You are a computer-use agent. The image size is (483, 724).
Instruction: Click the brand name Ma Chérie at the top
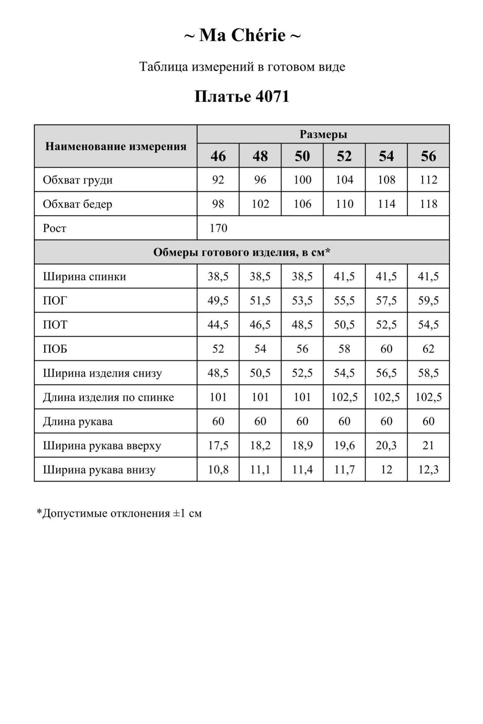242,35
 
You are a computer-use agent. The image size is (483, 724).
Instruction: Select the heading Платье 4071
242,96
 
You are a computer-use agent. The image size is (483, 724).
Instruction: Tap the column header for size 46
218,156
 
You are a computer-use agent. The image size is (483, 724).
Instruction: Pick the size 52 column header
344,156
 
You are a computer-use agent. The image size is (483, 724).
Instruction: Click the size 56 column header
428,156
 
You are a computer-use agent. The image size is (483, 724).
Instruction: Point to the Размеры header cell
323,134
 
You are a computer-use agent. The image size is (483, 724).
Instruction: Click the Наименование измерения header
116,146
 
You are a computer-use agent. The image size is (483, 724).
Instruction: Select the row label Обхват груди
78,180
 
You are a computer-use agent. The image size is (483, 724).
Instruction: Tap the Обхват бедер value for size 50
302,204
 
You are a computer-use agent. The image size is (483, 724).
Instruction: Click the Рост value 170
218,228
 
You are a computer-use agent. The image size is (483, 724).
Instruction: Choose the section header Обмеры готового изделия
242,252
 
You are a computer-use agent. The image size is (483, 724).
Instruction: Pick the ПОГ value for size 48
260,300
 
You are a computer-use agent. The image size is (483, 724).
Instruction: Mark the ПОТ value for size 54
386,325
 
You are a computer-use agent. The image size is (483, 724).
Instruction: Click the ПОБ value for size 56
428,349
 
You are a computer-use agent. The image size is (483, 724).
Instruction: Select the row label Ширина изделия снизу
102,373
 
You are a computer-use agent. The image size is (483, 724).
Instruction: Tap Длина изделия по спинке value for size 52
344,397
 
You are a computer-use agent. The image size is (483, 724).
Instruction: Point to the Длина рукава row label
78,421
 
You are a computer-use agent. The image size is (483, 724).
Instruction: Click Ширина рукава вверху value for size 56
428,445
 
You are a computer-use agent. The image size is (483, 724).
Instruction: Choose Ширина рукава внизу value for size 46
218,470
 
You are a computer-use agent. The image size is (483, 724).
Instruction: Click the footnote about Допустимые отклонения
119,513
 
